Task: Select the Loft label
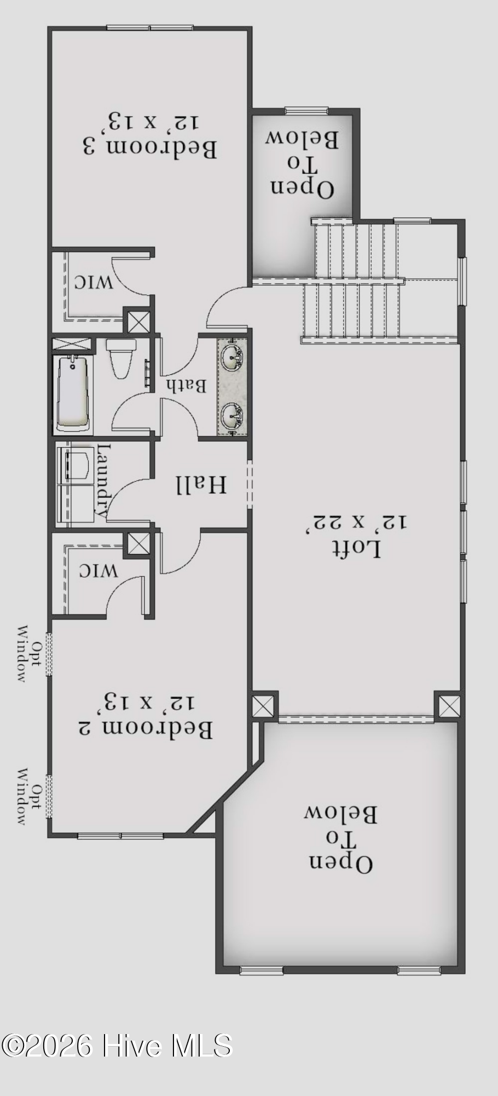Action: pyautogui.click(x=356, y=547)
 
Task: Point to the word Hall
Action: pyautogui.click(x=201, y=484)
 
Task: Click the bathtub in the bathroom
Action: pyautogui.click(x=72, y=393)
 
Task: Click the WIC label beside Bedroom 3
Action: pyautogui.click(x=94, y=282)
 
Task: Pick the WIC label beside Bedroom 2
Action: pyautogui.click(x=99, y=571)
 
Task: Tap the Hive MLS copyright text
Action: pyautogui.click(x=117, y=1046)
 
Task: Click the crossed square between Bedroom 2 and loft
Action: pyautogui.click(x=263, y=705)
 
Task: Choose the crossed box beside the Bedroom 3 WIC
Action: pyautogui.click(x=138, y=322)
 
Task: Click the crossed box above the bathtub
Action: pyautogui.click(x=72, y=344)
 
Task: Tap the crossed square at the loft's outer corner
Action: pyautogui.click(x=450, y=705)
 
